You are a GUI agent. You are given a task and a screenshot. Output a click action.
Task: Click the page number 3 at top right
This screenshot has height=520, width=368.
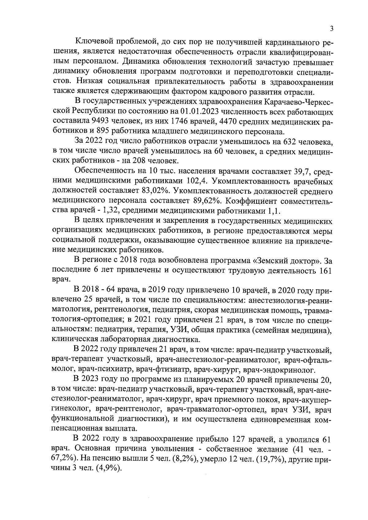pos(331,29)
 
